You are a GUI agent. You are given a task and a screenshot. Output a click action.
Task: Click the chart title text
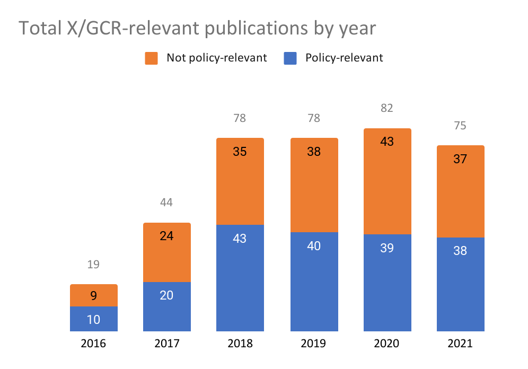(x=197, y=28)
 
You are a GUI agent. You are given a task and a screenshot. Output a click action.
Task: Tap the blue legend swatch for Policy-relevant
(x=291, y=58)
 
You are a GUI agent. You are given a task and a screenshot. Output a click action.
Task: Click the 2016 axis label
(x=93, y=344)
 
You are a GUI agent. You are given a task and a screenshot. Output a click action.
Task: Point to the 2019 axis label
(x=314, y=344)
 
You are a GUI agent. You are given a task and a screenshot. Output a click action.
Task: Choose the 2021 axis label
(x=460, y=344)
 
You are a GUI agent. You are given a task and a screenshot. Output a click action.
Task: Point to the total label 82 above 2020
(x=387, y=108)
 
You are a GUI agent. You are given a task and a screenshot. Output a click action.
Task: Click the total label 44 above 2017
(x=167, y=203)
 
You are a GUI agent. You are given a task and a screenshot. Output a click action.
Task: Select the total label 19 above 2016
(x=93, y=264)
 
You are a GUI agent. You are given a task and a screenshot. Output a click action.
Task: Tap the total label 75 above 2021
(x=460, y=126)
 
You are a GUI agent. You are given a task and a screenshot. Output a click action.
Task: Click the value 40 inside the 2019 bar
(x=314, y=246)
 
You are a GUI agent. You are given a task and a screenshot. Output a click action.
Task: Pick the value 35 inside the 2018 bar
(x=240, y=152)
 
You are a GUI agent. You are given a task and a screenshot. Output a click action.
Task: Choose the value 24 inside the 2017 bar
(x=167, y=236)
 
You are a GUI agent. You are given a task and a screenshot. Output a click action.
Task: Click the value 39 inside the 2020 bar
(x=387, y=248)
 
